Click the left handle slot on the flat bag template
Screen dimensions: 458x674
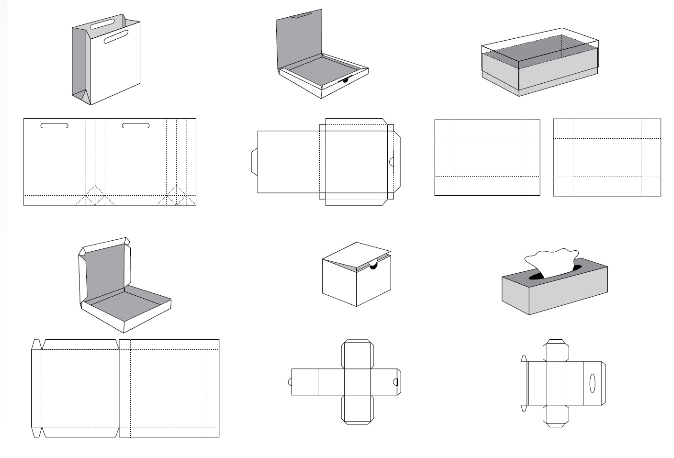(x=54, y=125)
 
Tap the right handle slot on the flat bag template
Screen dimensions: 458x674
(x=136, y=125)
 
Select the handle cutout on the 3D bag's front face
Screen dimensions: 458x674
(x=116, y=37)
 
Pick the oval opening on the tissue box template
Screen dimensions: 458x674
(x=592, y=383)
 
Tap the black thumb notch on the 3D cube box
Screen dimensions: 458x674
(x=373, y=266)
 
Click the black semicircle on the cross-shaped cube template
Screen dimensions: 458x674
(x=396, y=382)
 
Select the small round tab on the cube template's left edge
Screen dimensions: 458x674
(x=289, y=382)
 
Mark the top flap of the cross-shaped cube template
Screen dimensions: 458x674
(x=357, y=354)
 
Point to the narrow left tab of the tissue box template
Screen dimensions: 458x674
(x=523, y=383)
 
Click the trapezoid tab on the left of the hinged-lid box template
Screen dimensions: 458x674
(x=254, y=162)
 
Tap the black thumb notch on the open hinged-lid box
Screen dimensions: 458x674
(x=344, y=79)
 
